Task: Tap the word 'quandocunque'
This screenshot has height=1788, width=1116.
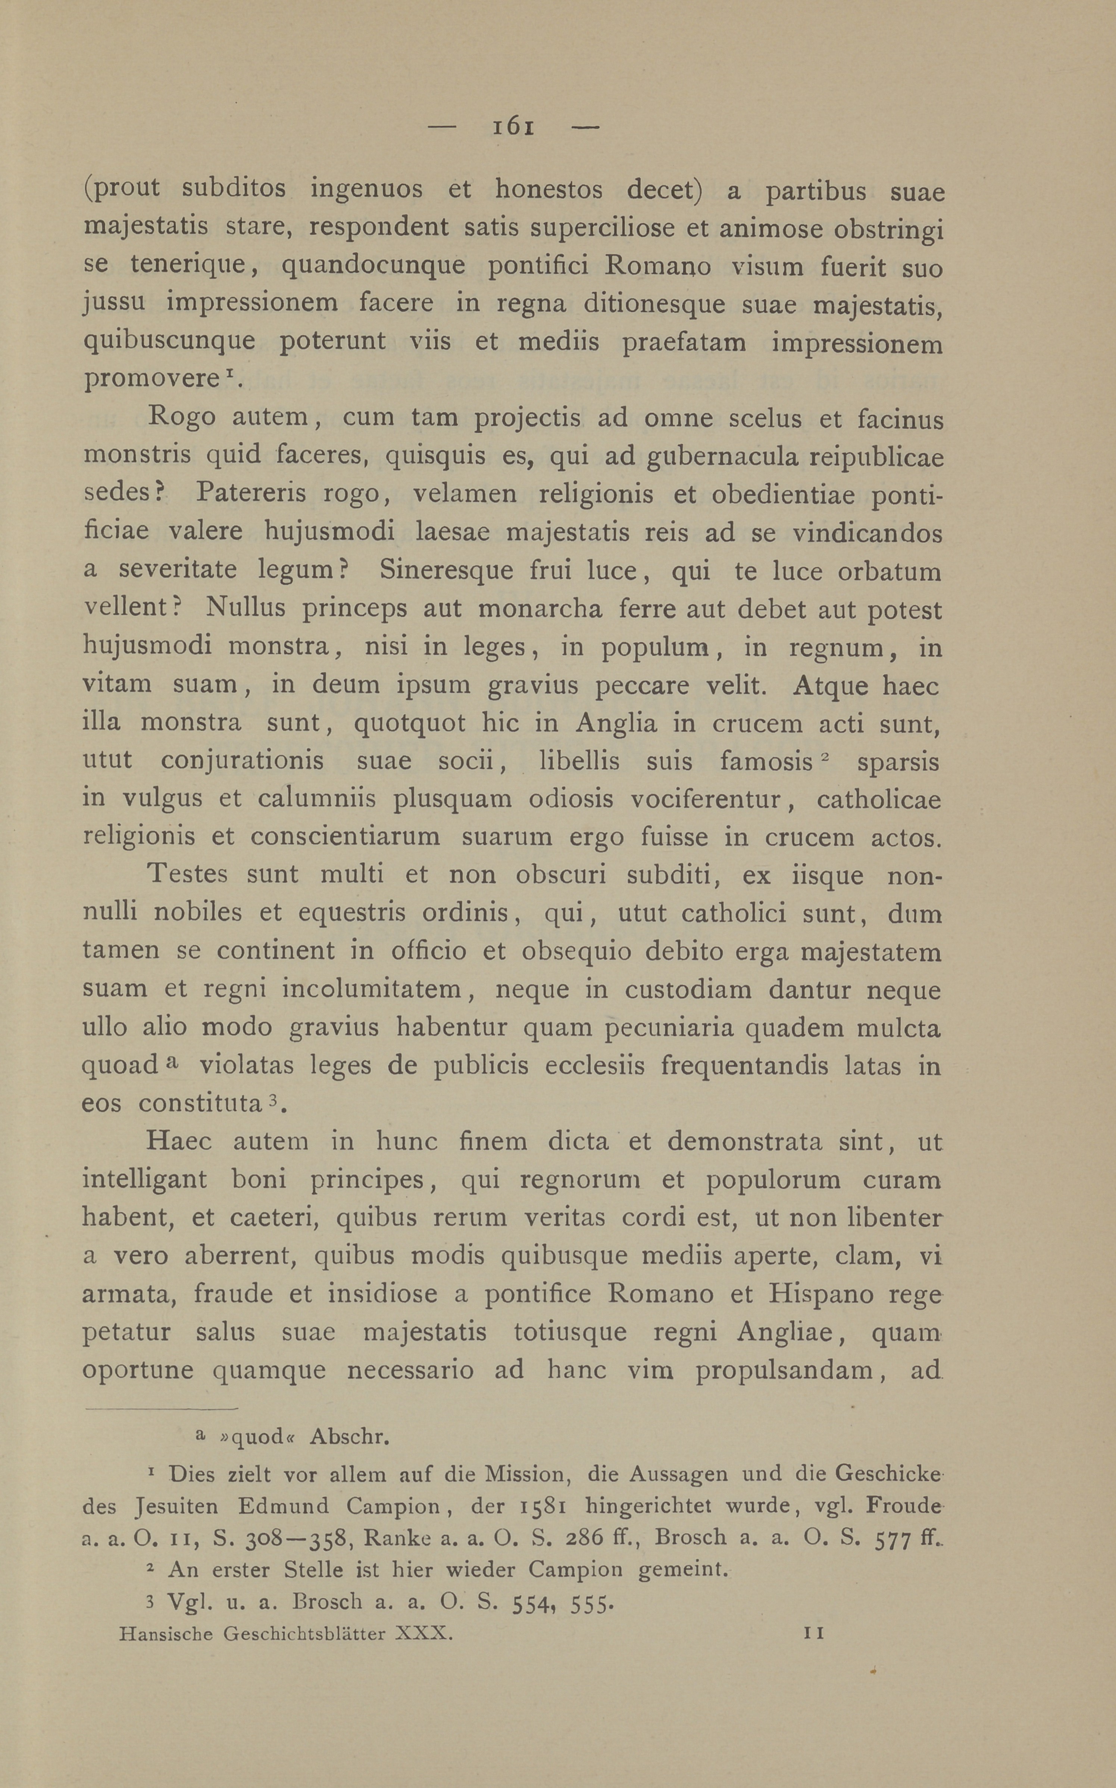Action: pyautogui.click(x=373, y=266)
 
